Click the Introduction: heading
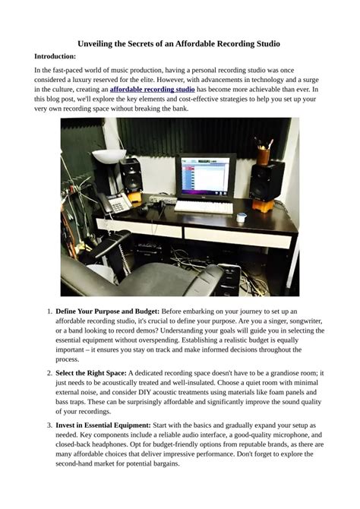(55, 56)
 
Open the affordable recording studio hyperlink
(152, 90)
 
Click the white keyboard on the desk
(204, 207)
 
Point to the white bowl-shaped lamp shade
(109, 156)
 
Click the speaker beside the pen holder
(267, 181)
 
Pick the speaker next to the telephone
(131, 175)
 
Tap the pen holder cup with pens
(264, 154)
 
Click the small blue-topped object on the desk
(242, 217)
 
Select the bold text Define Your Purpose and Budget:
(107, 311)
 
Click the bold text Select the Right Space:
(91, 373)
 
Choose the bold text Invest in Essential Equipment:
(103, 425)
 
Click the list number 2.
(49, 373)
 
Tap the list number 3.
(49, 425)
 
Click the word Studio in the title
(268, 44)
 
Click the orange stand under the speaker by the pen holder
(264, 206)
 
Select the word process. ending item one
(67, 359)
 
